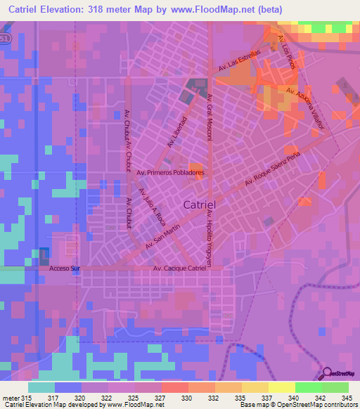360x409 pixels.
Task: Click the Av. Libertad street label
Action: pyautogui.click(x=176, y=131)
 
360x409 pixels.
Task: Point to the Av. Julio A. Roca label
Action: pyautogui.click(x=150, y=203)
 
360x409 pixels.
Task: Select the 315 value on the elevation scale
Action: pyautogui.click(x=27, y=398)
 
